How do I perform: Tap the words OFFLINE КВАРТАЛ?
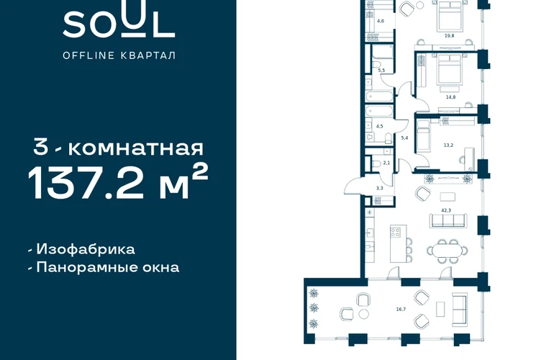(x=119, y=55)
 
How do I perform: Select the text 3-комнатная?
(x=119, y=148)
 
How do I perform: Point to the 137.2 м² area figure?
(x=118, y=183)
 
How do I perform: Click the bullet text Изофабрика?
(x=86, y=249)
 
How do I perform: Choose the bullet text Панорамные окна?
(x=108, y=267)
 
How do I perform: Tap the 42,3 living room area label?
(x=446, y=210)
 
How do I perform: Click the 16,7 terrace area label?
(x=401, y=309)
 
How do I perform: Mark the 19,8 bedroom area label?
(x=450, y=36)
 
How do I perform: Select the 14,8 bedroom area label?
(x=450, y=97)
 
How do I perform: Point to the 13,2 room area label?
(x=448, y=145)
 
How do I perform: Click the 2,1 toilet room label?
(x=386, y=163)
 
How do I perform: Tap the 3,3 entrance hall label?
(x=379, y=189)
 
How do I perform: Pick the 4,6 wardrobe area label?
(x=381, y=21)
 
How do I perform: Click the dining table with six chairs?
(x=448, y=251)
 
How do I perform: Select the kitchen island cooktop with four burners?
(x=396, y=232)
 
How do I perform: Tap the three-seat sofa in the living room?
(x=448, y=220)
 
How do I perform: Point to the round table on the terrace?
(x=363, y=314)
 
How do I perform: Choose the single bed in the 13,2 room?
(x=423, y=136)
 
